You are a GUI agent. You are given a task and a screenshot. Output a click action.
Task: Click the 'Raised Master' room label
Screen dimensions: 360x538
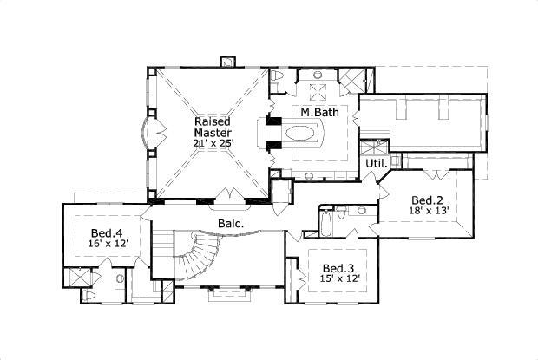click(x=212, y=128)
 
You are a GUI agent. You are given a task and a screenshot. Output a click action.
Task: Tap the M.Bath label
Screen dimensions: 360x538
click(x=319, y=114)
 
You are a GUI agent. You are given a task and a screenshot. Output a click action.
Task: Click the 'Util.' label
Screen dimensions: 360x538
click(x=376, y=163)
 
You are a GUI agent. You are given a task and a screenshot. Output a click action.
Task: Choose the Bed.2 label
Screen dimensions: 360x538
click(x=427, y=199)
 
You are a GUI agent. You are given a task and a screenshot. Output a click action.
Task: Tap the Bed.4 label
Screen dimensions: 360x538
click(x=106, y=232)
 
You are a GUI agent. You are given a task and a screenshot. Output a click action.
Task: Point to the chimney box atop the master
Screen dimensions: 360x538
click(x=229, y=62)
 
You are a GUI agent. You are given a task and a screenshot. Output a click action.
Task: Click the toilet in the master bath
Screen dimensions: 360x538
click(x=279, y=78)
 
